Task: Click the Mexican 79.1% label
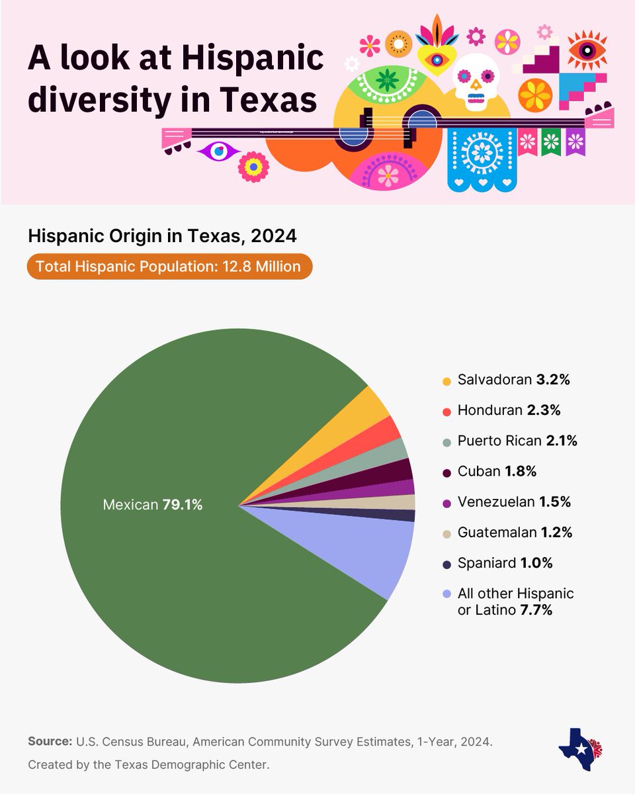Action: pyautogui.click(x=153, y=505)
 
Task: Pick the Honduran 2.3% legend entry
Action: pyautogui.click(x=509, y=410)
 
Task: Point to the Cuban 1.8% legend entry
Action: pyautogui.click(x=497, y=472)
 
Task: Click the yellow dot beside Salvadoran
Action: pyautogui.click(x=446, y=381)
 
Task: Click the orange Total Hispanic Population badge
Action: pyautogui.click(x=169, y=267)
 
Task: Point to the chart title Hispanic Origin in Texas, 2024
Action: pyautogui.click(x=162, y=236)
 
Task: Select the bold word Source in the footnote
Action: pyautogui.click(x=50, y=741)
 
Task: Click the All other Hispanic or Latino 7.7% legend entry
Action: pyautogui.click(x=515, y=601)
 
